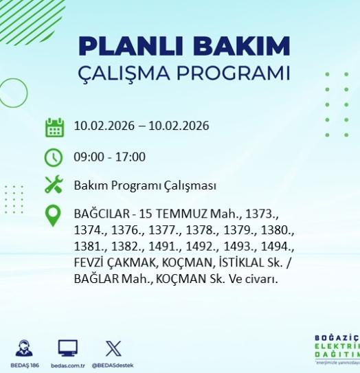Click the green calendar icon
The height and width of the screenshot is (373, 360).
click(x=54, y=127)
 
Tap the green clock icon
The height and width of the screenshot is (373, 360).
click(x=54, y=157)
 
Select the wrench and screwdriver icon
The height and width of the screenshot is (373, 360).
click(x=54, y=185)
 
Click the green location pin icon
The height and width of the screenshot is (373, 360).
click(x=53, y=216)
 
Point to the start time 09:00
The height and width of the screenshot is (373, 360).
click(x=87, y=157)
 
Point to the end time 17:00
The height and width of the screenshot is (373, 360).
click(x=131, y=157)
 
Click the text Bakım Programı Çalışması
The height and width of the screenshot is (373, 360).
click(x=145, y=185)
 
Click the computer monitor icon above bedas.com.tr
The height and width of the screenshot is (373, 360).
click(x=67, y=348)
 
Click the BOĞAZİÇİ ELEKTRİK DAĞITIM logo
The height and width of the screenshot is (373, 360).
click(x=337, y=349)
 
